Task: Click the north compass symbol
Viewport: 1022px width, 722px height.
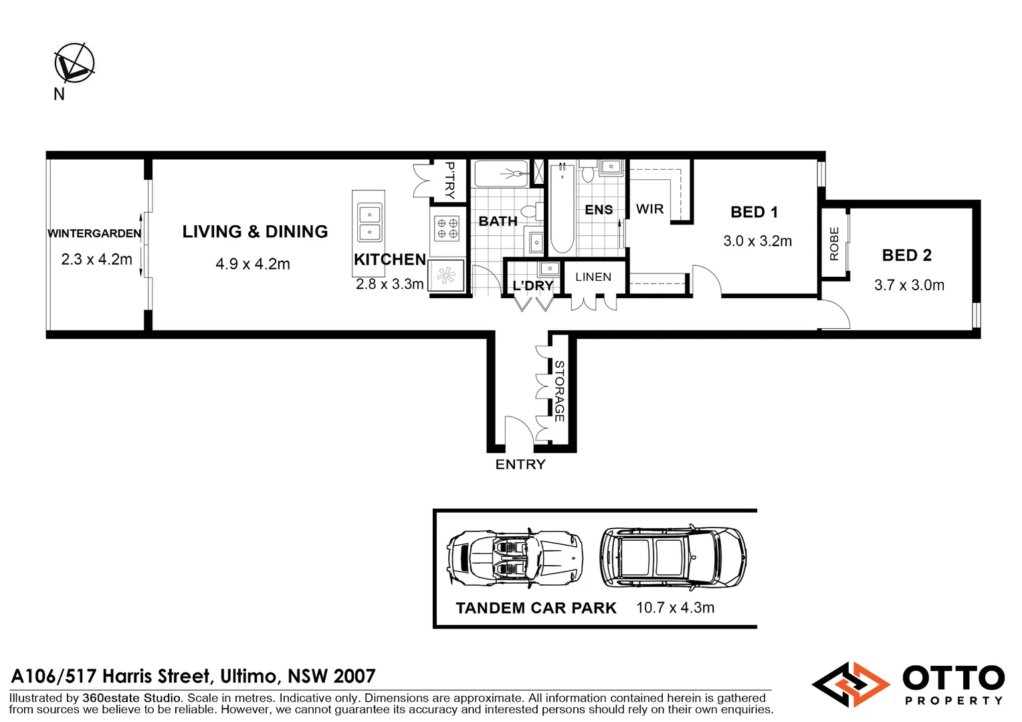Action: click(74, 64)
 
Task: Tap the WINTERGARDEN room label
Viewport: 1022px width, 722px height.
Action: click(94, 233)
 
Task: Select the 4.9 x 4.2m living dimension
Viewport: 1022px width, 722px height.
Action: click(253, 264)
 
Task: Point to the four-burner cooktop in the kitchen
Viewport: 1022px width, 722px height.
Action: click(447, 229)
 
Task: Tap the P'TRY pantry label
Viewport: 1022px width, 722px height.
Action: click(450, 180)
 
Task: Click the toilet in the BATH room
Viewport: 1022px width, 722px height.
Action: click(531, 213)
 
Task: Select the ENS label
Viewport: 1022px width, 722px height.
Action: click(599, 210)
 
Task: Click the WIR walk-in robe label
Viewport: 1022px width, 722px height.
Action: click(649, 209)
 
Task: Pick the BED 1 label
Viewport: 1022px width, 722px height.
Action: click(754, 213)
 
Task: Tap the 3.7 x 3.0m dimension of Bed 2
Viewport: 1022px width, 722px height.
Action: click(909, 285)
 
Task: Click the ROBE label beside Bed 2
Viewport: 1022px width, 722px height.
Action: click(834, 243)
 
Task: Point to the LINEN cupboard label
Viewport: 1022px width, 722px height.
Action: click(593, 277)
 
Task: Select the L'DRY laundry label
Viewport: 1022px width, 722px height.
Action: click(533, 286)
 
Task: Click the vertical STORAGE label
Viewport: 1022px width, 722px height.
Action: click(560, 391)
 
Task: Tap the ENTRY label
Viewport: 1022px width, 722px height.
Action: click(520, 465)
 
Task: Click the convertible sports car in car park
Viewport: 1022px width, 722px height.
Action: click(514, 559)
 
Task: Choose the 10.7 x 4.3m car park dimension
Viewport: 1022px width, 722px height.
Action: click(675, 608)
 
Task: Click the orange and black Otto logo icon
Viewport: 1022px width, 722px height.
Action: click(850, 685)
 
